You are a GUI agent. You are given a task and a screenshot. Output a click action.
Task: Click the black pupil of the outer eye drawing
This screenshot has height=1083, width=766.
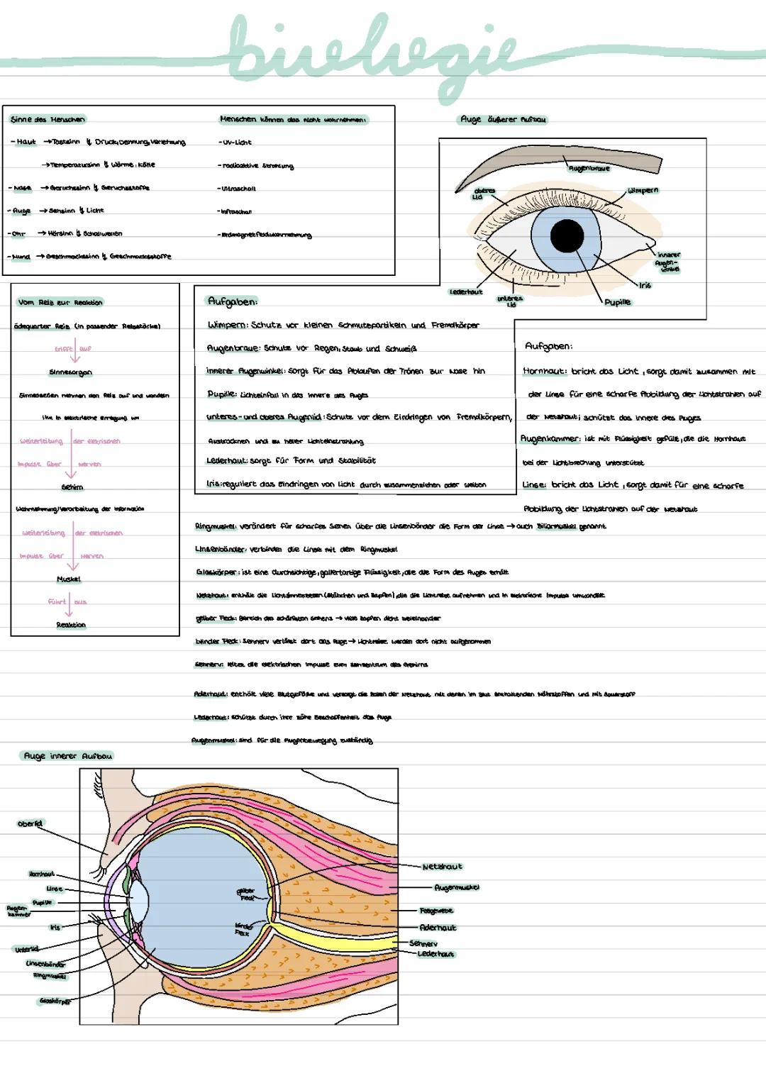pyautogui.click(x=567, y=235)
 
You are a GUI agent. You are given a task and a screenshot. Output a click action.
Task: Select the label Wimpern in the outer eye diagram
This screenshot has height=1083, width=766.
pyautogui.click(x=643, y=191)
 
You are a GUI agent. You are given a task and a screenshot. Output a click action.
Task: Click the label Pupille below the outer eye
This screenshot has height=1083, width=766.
pyautogui.click(x=617, y=302)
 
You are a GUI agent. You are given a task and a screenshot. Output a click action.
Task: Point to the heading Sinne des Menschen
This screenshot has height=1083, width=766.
pyautogui.click(x=48, y=119)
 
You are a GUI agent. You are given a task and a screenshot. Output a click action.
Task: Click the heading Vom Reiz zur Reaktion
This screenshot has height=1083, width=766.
pyautogui.click(x=60, y=302)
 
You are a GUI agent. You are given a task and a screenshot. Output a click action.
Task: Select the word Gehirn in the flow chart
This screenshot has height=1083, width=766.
pyautogui.click(x=72, y=487)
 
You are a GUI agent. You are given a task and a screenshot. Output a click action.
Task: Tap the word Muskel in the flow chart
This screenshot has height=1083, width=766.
pyautogui.click(x=69, y=579)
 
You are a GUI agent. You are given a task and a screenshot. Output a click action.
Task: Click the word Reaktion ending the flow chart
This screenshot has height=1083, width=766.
pyautogui.click(x=71, y=625)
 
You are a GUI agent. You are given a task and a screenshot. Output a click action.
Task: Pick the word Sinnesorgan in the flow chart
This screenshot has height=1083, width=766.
pyautogui.click(x=70, y=372)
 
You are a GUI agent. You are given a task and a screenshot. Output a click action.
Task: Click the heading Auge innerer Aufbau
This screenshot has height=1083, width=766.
pyautogui.click(x=68, y=756)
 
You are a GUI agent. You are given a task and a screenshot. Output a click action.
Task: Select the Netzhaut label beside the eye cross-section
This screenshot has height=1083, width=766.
pyautogui.click(x=442, y=867)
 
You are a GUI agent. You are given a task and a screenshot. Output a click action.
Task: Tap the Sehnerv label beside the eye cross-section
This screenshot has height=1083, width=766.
pyautogui.click(x=423, y=943)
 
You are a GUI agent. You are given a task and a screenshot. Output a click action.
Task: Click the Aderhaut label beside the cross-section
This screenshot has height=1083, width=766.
pyautogui.click(x=438, y=928)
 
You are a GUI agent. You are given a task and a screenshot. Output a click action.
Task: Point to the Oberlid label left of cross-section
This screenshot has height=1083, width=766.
pyautogui.click(x=30, y=823)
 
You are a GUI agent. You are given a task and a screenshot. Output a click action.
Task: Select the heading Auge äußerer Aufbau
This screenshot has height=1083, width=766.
pyautogui.click(x=504, y=120)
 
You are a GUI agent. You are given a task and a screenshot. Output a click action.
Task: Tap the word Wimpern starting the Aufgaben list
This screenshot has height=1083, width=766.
pyautogui.click(x=226, y=326)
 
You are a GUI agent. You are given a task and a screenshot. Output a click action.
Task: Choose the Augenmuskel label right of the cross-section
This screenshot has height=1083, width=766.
pyautogui.click(x=457, y=887)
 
